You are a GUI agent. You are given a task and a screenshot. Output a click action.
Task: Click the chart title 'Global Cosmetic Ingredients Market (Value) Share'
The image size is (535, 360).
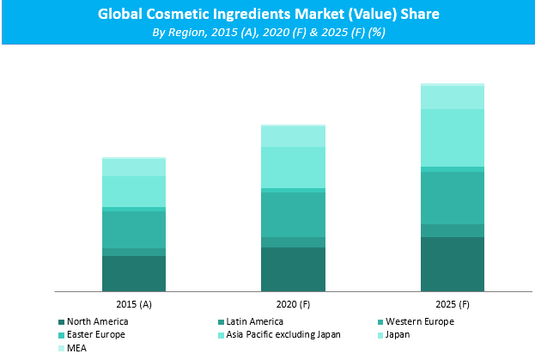(x=267, y=14)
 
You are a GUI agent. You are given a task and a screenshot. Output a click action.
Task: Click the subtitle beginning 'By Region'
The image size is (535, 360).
(x=267, y=32)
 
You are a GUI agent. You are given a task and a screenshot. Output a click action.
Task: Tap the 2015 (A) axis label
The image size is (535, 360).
(x=134, y=305)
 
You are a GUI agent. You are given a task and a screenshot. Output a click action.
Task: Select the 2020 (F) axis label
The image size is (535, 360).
(x=293, y=305)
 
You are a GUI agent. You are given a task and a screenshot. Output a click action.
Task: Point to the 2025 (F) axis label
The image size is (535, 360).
(x=452, y=305)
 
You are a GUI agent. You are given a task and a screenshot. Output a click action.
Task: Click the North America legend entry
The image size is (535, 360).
(x=97, y=321)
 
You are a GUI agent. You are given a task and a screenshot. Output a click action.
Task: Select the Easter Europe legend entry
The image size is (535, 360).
(x=95, y=334)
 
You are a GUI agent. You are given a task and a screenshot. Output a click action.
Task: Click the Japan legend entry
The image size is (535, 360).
(x=396, y=334)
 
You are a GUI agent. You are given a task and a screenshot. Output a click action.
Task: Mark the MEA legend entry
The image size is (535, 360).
(x=76, y=348)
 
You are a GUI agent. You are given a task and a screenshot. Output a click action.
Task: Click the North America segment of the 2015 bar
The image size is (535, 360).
(x=134, y=274)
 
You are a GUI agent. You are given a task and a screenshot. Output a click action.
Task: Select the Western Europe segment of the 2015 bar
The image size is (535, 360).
(x=134, y=229)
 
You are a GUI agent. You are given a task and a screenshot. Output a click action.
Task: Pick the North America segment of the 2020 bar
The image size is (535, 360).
(x=293, y=270)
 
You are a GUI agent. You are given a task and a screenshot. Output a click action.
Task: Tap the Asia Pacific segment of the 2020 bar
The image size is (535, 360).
(x=293, y=168)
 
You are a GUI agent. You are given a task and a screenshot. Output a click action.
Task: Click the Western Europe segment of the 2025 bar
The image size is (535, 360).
(x=452, y=198)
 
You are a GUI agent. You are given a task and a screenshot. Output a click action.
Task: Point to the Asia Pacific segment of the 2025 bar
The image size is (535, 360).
(x=452, y=137)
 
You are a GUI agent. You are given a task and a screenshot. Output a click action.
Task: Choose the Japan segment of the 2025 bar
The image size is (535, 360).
(x=452, y=97)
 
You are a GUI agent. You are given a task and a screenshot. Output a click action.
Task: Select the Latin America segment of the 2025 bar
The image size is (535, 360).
(x=452, y=230)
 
